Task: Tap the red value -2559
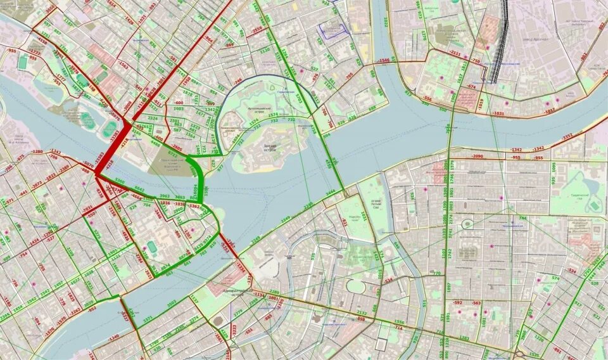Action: tap(256, 30)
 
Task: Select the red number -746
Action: tap(238, 81)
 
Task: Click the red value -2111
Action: tap(455, 53)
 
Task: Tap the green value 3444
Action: tap(330, 192)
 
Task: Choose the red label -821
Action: tap(345, 222)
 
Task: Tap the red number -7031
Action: tap(87, 208)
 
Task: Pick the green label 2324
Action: tap(153, 118)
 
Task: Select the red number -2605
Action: tap(177, 147)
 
